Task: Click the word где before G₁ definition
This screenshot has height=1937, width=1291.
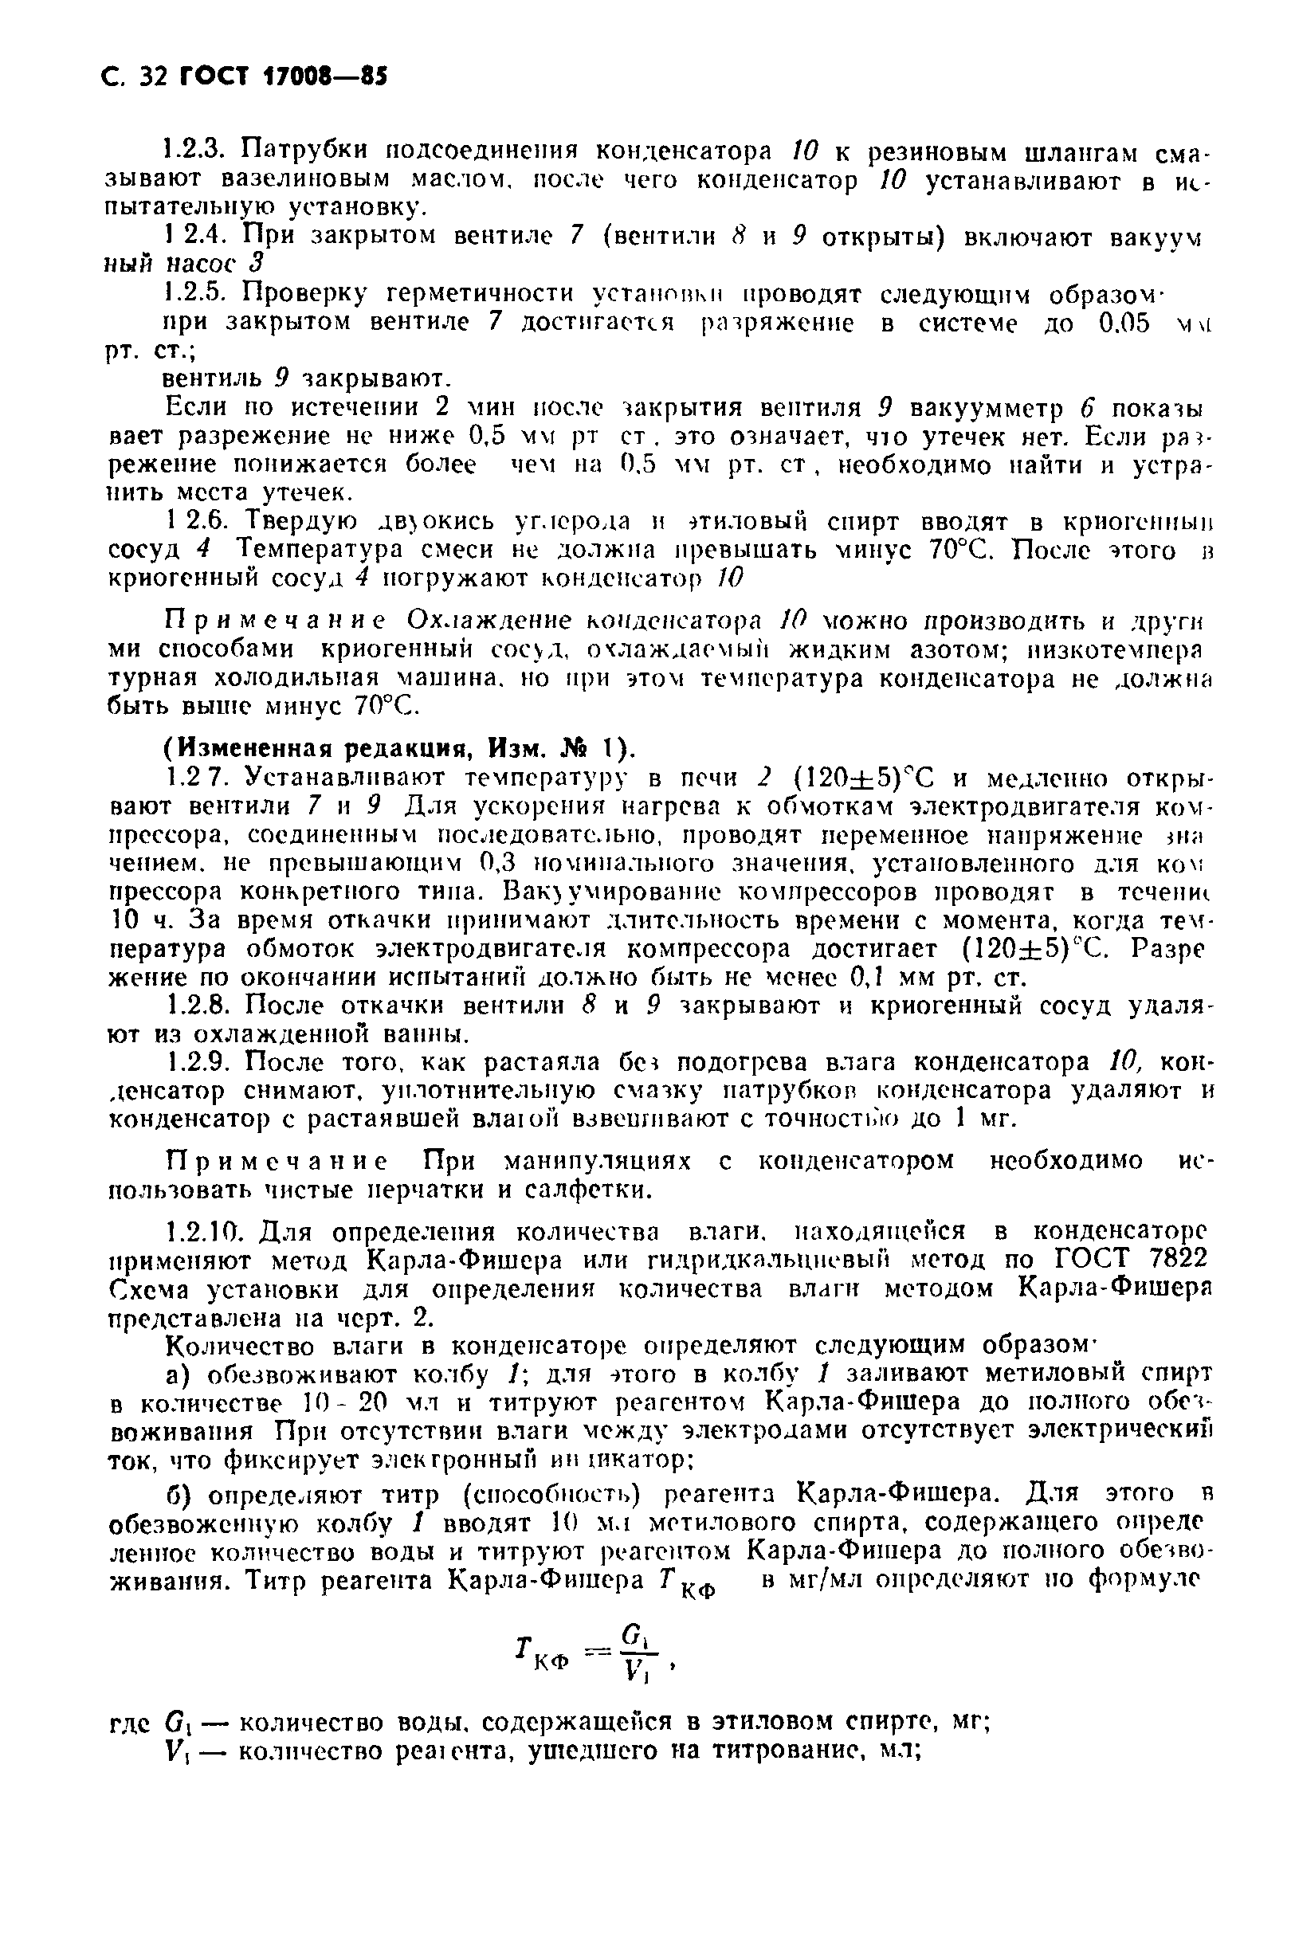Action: point(129,1722)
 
